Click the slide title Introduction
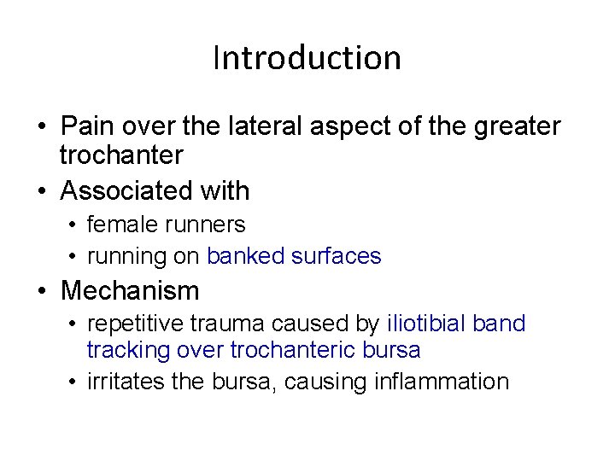pyautogui.click(x=307, y=58)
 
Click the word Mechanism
pyautogui.click(x=130, y=291)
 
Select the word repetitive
pyautogui.click(x=132, y=324)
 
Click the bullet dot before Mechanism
pyautogui.click(x=42, y=291)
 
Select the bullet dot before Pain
pyautogui.click(x=42, y=127)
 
